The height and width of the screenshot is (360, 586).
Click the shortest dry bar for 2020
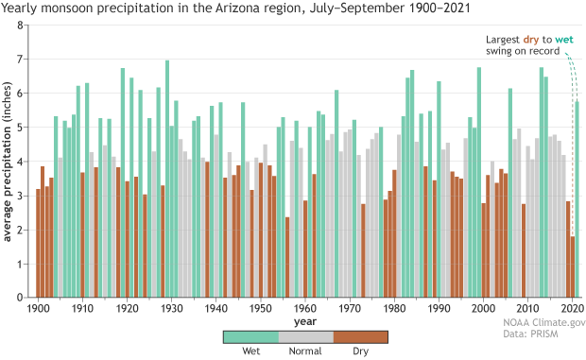tap(573, 267)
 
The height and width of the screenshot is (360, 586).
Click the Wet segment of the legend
tap(251, 337)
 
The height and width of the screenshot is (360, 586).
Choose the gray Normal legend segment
tap(306, 337)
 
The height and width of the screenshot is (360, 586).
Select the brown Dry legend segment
tap(361, 337)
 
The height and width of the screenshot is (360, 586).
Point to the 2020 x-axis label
tap(572, 308)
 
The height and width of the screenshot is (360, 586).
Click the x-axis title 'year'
tap(305, 320)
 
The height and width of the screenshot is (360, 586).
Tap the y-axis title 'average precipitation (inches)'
tap(9, 161)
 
